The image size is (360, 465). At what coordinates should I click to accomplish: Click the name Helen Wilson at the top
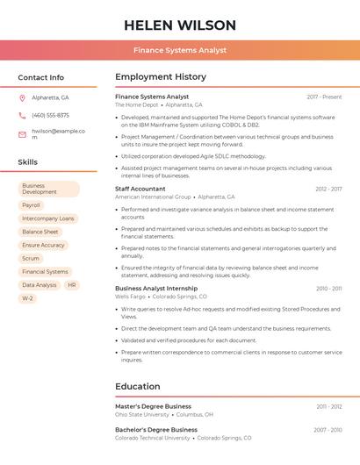(x=180, y=25)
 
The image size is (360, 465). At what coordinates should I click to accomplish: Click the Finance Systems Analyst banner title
(x=180, y=51)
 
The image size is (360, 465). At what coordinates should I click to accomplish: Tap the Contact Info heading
(x=41, y=77)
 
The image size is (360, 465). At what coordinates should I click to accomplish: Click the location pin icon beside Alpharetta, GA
(x=22, y=98)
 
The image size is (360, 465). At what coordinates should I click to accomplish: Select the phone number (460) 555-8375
(x=50, y=115)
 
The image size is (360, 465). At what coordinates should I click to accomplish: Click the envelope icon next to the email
(x=22, y=134)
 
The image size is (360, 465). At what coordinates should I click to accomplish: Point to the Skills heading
(x=28, y=162)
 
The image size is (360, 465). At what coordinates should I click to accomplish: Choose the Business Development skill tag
(x=48, y=189)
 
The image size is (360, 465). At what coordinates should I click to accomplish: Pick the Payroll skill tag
(x=32, y=205)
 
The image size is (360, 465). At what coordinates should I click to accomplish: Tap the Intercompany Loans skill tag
(x=48, y=218)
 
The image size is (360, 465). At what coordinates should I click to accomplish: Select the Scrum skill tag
(x=31, y=259)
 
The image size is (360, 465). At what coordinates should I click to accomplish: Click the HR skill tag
(x=72, y=285)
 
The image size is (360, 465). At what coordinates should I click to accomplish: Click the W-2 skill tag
(x=27, y=298)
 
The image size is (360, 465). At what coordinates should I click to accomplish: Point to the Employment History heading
(x=161, y=77)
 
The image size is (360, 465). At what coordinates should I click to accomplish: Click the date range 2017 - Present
(x=324, y=97)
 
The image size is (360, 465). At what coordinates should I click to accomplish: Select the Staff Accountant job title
(x=140, y=189)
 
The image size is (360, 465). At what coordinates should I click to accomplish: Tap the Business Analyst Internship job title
(x=156, y=288)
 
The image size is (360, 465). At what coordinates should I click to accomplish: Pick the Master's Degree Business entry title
(x=153, y=407)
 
